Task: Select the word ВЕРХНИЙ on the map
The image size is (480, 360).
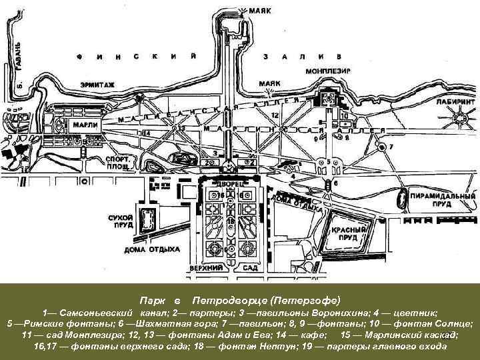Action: (204, 267)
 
